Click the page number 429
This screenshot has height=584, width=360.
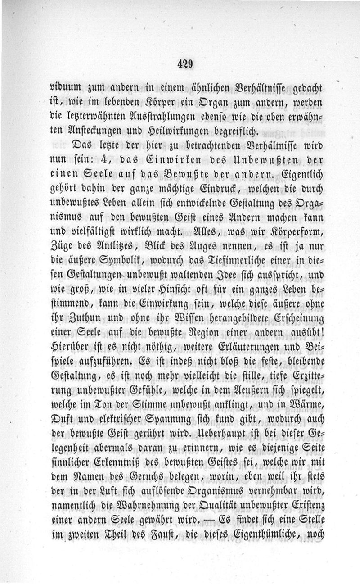pyautogui.click(x=185, y=63)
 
